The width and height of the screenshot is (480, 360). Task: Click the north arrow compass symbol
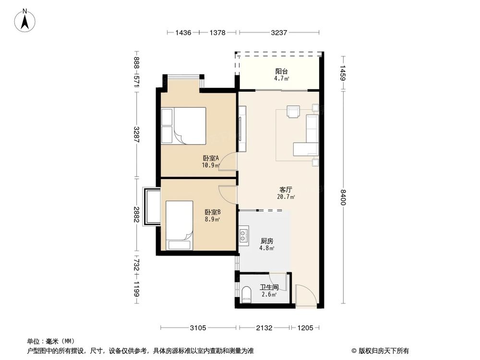pyautogui.click(x=25, y=20)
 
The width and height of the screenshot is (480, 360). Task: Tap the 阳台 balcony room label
pyautogui.click(x=281, y=72)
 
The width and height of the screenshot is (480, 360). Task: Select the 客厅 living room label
pyautogui.click(x=286, y=190)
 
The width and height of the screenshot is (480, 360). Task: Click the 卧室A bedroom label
pyautogui.click(x=211, y=158)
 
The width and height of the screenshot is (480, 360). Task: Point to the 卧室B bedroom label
pyautogui.click(x=213, y=212)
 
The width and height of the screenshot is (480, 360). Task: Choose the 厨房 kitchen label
pyautogui.click(x=267, y=241)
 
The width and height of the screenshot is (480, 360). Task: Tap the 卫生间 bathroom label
pyautogui.click(x=269, y=288)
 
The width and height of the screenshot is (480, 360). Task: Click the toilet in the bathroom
pyautogui.click(x=246, y=295)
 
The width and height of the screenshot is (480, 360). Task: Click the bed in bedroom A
pyautogui.click(x=183, y=125)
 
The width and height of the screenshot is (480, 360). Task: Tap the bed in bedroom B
pyautogui.click(x=180, y=225)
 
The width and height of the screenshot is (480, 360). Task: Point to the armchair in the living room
pyautogui.click(x=294, y=111)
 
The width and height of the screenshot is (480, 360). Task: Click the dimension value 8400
pyautogui.click(x=343, y=197)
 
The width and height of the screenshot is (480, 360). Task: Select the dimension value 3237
pyautogui.click(x=279, y=33)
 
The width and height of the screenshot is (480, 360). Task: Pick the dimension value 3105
pyautogui.click(x=198, y=328)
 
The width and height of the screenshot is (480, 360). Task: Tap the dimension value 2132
pyautogui.click(x=264, y=328)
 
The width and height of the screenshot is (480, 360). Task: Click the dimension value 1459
pyautogui.click(x=343, y=73)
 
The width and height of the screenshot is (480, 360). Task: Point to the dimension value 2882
pyautogui.click(x=137, y=215)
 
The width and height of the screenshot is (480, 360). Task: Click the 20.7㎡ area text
pyautogui.click(x=286, y=197)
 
